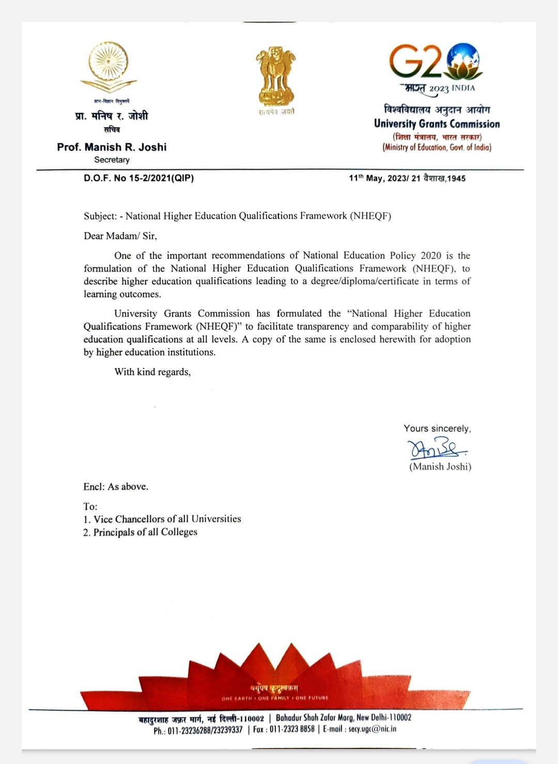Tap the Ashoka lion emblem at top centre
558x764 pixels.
click(275, 75)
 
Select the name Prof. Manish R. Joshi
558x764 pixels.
click(112, 147)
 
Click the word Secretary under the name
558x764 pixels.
click(112, 160)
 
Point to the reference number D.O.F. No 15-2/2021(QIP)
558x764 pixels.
click(138, 178)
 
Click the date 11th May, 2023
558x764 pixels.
click(378, 178)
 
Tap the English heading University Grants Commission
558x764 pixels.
click(437, 124)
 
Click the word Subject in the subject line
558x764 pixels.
click(100, 216)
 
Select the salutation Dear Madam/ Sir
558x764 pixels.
click(120, 236)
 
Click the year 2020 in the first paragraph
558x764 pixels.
click(431, 256)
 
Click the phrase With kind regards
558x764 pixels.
click(152, 372)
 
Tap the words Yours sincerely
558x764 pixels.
click(437, 428)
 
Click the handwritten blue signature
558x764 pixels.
click(437, 449)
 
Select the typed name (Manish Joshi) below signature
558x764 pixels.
click(440, 466)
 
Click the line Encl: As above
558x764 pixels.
click(116, 487)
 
